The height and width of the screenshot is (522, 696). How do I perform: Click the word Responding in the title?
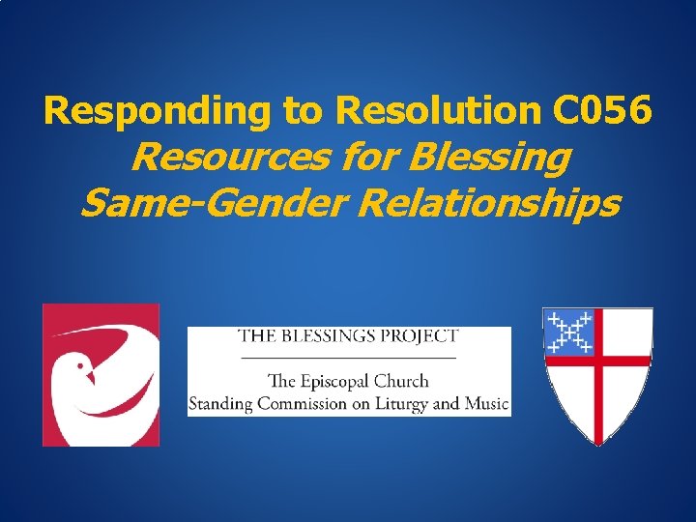click(159, 112)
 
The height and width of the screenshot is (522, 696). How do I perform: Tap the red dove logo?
click(101, 375)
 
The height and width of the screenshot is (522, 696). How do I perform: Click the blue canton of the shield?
click(568, 333)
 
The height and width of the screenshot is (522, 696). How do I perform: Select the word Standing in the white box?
click(221, 403)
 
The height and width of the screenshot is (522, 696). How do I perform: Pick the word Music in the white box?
click(487, 402)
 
